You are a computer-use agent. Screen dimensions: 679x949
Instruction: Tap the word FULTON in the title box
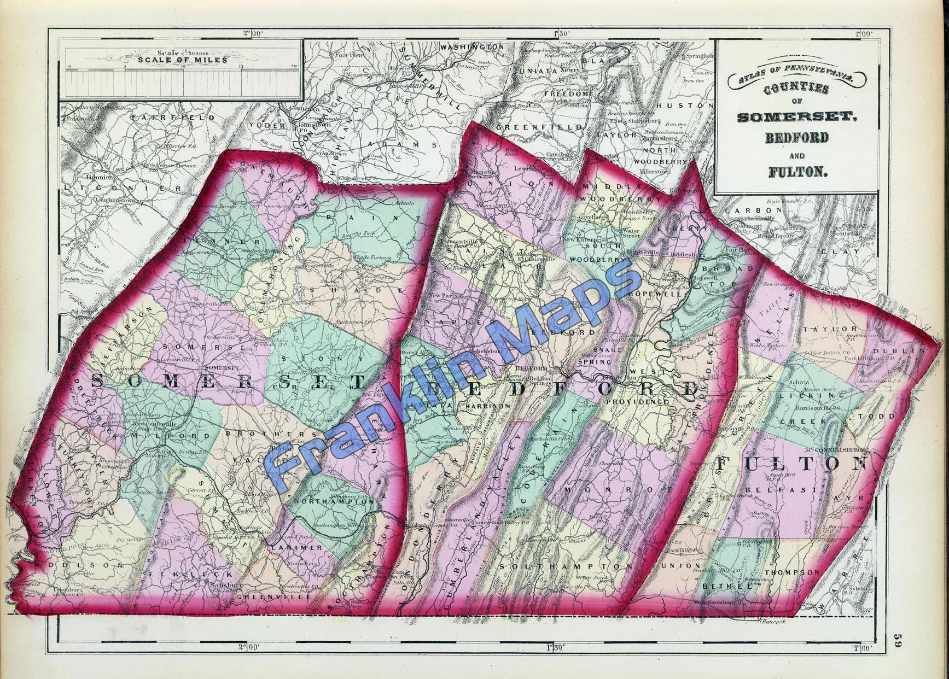797,171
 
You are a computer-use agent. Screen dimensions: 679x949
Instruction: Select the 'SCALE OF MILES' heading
182,60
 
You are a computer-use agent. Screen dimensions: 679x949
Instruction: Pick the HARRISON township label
488,406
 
